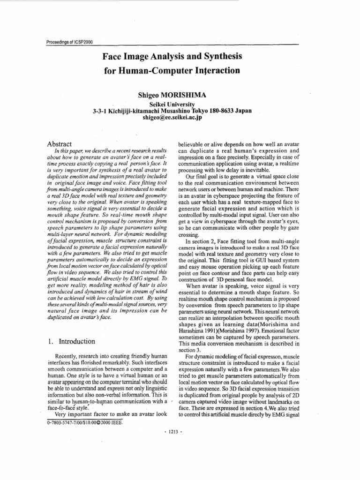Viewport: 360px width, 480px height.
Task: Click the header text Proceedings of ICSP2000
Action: tap(69, 42)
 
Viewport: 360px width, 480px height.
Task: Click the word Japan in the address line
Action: tap(243, 111)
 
